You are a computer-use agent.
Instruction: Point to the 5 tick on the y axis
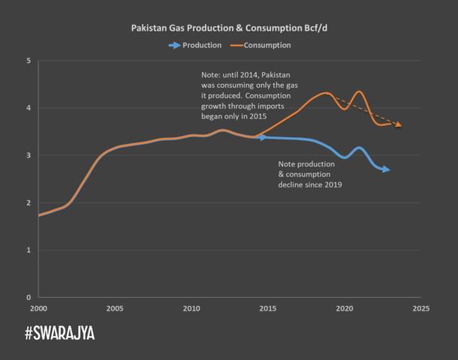pos(29,61)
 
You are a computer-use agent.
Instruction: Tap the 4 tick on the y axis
pos(29,108)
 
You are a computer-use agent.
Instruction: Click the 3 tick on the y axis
pos(29,155)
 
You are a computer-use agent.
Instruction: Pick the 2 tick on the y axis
pos(29,202)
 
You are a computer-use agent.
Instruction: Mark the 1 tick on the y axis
pos(29,250)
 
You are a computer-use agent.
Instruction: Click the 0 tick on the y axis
pos(29,297)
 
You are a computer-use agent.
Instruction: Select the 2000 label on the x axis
pos(38,307)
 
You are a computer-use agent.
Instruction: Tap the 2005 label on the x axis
pos(114,307)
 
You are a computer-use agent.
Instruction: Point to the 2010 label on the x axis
pos(191,307)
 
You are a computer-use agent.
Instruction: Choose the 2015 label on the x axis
pos(268,307)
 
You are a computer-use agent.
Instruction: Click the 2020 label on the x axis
pos(345,307)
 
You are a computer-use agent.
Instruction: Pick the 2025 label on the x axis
pos(421,307)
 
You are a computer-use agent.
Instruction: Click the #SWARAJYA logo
pos(60,333)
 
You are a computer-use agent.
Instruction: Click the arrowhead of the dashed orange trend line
pos(398,124)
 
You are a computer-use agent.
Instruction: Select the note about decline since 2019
pos(310,174)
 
